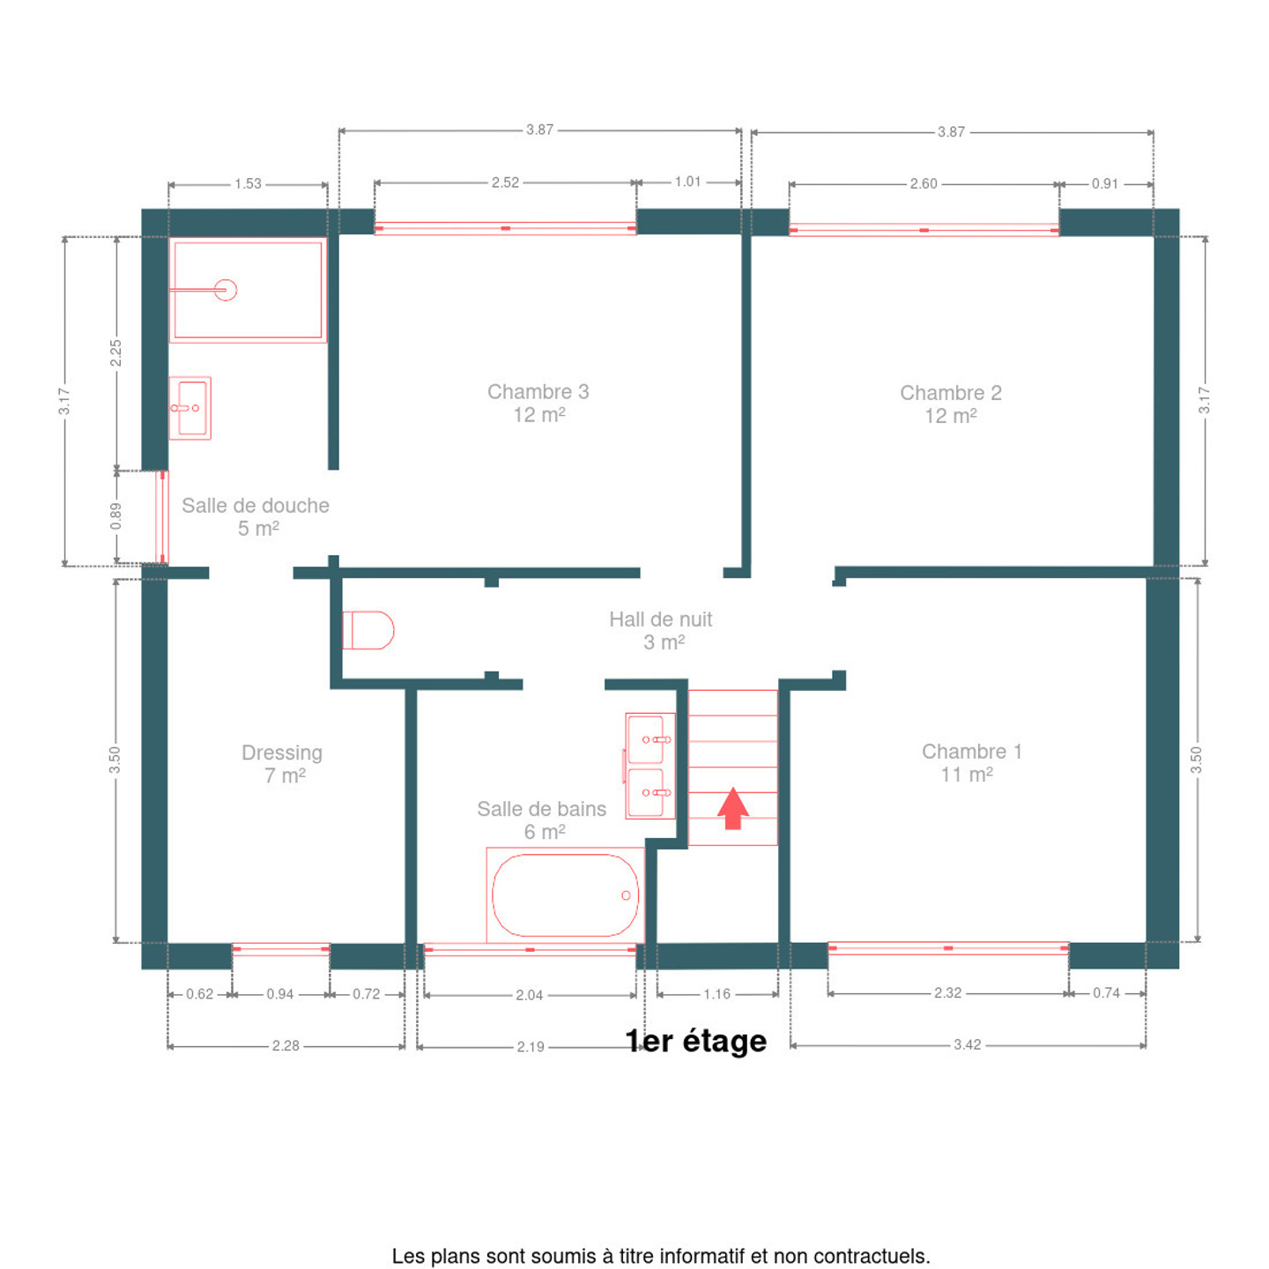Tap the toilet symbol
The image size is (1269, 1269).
coord(367,630)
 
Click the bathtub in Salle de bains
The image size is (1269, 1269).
coord(565,895)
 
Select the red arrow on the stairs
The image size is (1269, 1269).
coord(732,808)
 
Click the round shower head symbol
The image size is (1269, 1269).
coord(226,290)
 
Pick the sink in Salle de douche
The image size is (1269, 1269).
coord(189,408)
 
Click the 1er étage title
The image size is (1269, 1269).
coord(696,1041)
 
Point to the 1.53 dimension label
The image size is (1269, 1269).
coord(248,183)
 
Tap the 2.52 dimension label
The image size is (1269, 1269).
coord(505,182)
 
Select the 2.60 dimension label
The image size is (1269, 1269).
coord(924,183)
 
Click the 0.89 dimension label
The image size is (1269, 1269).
coord(116,516)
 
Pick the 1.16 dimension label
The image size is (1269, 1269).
coord(716,994)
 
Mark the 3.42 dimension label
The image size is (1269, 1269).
coord(967,1044)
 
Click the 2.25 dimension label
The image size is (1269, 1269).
coord(116,353)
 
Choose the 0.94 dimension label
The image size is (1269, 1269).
coord(280,994)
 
